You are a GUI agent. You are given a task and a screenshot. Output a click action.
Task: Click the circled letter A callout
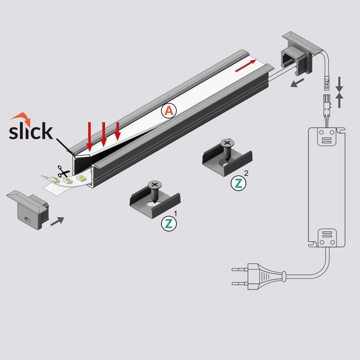click(169, 111)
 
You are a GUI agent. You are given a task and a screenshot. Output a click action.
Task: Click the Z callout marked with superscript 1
click(169, 224)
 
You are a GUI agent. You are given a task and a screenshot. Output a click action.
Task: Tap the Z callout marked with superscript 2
click(238, 183)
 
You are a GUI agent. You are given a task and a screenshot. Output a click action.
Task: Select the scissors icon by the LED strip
click(63, 171)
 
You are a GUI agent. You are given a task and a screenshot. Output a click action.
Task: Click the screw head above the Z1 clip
click(155, 184)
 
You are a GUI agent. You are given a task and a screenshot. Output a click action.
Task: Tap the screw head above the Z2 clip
click(227, 143)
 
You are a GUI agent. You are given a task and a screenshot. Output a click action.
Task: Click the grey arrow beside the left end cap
click(57, 221)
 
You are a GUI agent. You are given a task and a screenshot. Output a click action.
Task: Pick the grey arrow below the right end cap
click(297, 83)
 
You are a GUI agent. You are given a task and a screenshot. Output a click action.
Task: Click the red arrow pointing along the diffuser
click(246, 66)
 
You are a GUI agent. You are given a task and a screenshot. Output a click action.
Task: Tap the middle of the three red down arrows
click(104, 134)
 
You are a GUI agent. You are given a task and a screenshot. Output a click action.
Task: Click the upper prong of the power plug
click(240, 269)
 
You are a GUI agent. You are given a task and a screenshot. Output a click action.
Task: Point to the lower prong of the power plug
click(240, 284)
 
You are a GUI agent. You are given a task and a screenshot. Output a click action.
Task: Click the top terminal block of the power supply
click(327, 137)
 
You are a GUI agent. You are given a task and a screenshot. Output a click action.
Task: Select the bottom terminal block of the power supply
click(327, 238)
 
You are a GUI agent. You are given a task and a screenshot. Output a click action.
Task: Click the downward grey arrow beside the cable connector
click(339, 85)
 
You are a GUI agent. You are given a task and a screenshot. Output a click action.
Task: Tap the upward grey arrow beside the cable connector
click(339, 100)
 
